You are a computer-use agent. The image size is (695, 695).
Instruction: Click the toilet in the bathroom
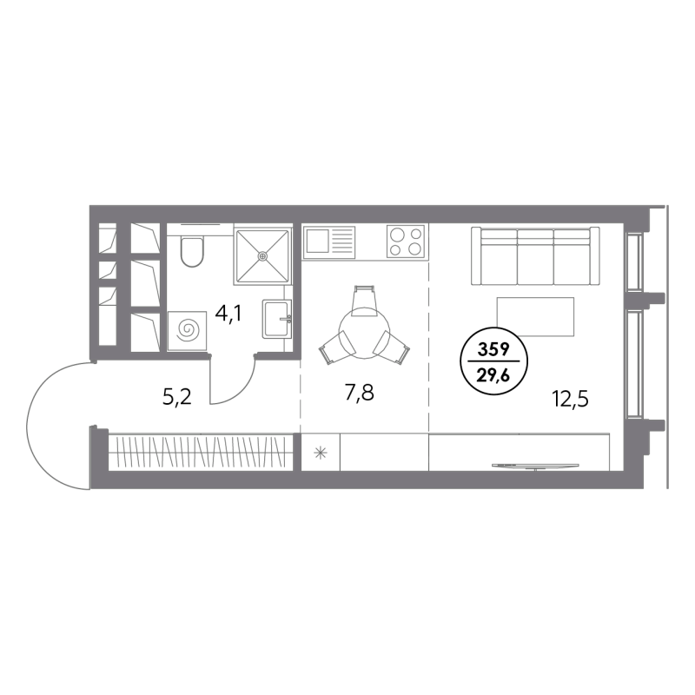(x=192, y=251)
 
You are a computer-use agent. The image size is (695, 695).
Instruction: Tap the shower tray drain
(x=263, y=255)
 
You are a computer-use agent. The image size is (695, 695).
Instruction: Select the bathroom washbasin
(x=276, y=318)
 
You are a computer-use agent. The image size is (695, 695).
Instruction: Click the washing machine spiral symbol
(x=189, y=330)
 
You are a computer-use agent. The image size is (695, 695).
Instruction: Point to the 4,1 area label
(x=228, y=314)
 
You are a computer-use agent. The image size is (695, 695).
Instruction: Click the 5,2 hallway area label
(x=177, y=397)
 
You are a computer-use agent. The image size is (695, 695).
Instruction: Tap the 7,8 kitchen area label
(x=360, y=393)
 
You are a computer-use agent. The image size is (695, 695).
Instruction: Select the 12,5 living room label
(x=570, y=399)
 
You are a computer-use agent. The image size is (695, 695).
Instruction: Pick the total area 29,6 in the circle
(x=493, y=377)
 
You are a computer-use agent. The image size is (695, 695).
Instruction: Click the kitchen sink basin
(x=316, y=241)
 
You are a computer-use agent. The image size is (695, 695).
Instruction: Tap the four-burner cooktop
(x=405, y=242)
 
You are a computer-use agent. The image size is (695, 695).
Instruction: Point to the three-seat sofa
(x=535, y=255)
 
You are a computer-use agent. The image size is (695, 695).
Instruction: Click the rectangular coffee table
(x=535, y=316)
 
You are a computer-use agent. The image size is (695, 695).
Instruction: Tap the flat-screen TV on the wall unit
(x=535, y=466)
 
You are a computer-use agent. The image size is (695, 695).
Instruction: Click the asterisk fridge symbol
(x=320, y=453)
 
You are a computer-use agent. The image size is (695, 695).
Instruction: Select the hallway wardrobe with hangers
(x=201, y=452)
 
